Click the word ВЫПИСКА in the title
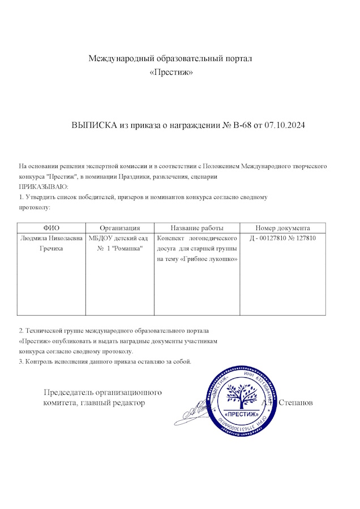[93, 125]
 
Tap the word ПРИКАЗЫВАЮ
[44, 187]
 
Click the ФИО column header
[52, 227]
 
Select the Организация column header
[119, 227]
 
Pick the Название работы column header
[197, 227]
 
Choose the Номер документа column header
[282, 227]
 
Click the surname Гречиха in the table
[52, 248]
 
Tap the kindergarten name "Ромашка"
[130, 248]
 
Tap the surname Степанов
[296, 403]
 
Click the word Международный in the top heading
[120, 58]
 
